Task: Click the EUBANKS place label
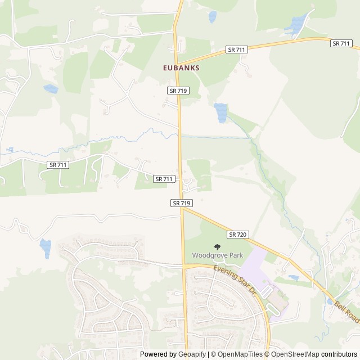[x=182, y=67]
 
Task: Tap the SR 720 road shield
[x=238, y=234]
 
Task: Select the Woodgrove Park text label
[x=217, y=255]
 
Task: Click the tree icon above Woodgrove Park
[x=217, y=247]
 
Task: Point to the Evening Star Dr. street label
[x=235, y=280]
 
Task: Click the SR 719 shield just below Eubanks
[x=177, y=90]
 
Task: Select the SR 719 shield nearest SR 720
[x=182, y=202]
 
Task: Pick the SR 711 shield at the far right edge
[x=341, y=43]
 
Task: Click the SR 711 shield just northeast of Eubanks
[x=237, y=50]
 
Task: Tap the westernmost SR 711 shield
[x=57, y=164]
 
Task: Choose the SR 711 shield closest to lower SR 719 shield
[x=163, y=178]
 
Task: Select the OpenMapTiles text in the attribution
[x=237, y=354]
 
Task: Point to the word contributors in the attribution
[x=340, y=354]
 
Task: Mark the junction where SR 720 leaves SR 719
[x=183, y=209]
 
